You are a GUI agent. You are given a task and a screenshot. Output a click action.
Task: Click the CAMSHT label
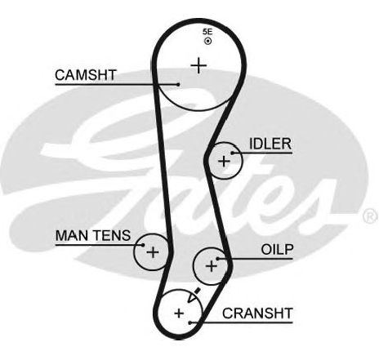86,75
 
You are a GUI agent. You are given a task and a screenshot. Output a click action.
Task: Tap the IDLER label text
270,144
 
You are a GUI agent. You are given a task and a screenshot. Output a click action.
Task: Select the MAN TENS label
93,235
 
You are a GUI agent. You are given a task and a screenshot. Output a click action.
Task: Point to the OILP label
277,249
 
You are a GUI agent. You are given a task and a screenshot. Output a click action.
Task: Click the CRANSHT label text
257,313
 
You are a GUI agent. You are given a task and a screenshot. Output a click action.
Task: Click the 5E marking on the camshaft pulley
207,32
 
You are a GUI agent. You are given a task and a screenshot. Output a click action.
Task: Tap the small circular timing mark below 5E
208,42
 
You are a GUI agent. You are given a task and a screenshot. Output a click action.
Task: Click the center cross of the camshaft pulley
198,65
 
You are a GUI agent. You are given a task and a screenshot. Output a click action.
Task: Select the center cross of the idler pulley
224,162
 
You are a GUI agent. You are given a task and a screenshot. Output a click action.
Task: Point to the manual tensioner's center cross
153,252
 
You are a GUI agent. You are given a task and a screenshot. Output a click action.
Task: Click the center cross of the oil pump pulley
212,266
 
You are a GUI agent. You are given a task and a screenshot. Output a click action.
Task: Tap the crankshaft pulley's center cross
179,313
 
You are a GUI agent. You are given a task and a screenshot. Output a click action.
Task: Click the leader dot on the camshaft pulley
178,85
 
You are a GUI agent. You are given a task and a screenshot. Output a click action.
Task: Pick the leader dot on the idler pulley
233,153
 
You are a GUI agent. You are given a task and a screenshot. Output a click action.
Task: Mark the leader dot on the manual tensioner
143,245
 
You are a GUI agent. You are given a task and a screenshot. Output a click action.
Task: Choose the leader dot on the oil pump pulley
217,259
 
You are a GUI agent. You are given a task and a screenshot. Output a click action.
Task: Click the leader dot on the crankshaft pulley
190,322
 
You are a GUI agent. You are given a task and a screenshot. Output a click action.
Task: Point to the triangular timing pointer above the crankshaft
192,297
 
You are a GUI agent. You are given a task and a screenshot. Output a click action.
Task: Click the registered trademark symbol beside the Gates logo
371,216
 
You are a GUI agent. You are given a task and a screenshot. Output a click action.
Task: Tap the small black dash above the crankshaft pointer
198,291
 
